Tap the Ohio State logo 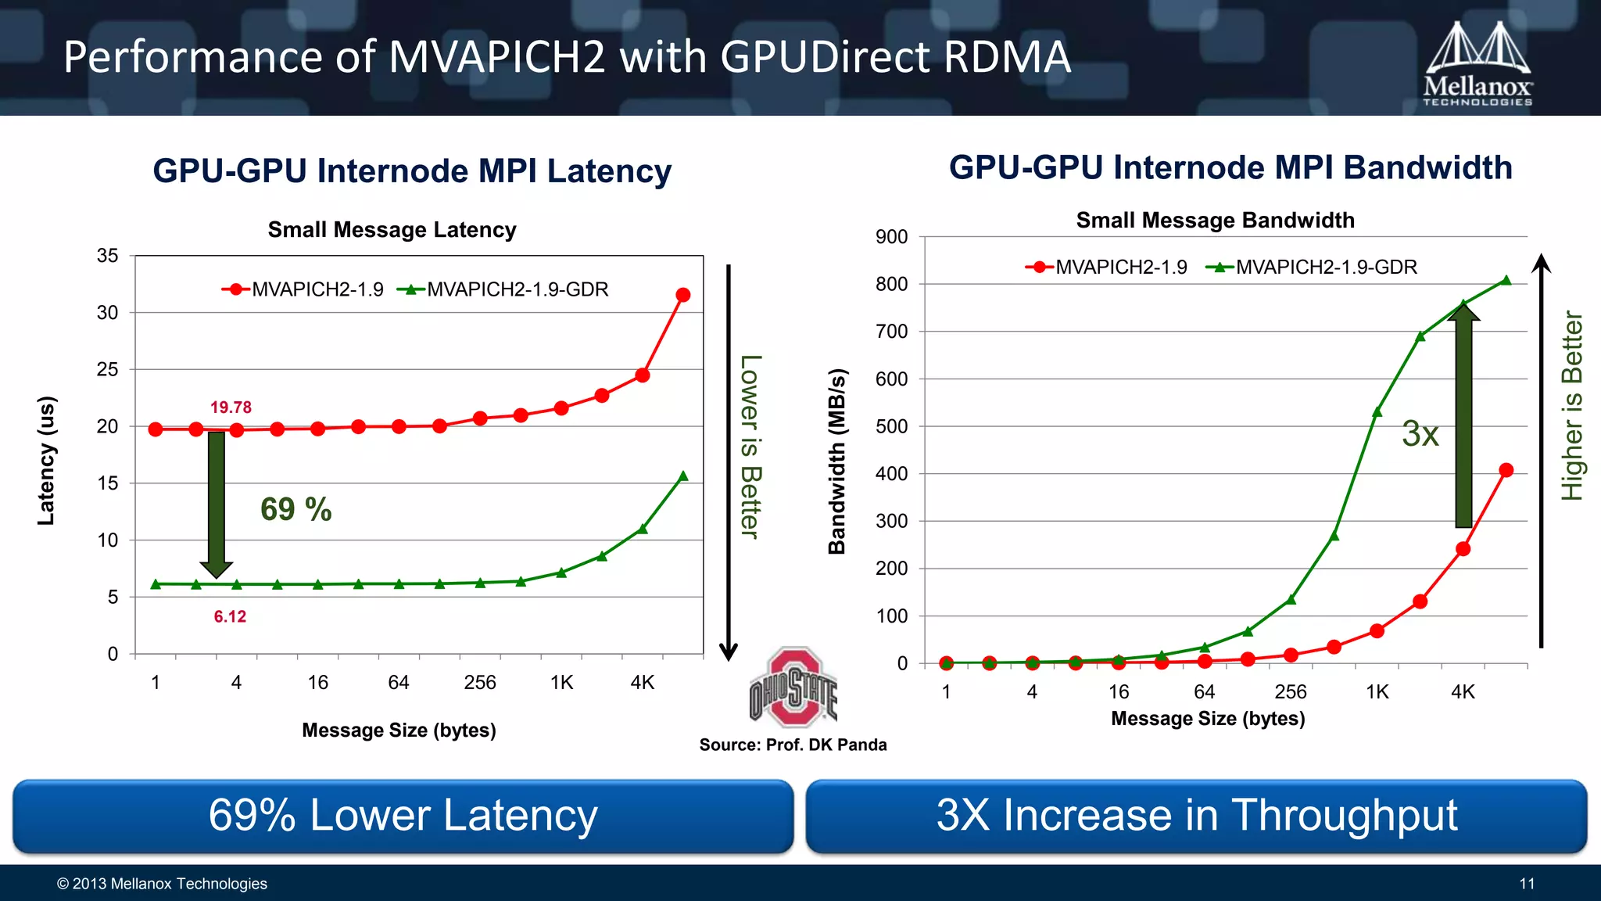[793, 687]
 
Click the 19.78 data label [231, 407]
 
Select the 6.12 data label [230, 617]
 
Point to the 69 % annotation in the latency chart [295, 509]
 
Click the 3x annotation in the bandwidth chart [1420, 433]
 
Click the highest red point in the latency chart [682, 295]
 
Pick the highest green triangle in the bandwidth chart [1506, 280]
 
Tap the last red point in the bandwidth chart [1506, 470]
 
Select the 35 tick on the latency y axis [108, 256]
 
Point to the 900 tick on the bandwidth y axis [892, 237]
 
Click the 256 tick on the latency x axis [480, 683]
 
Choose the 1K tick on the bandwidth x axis [1377, 692]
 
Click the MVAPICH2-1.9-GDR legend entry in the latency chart [503, 290]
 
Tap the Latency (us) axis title [47, 461]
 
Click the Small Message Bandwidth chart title [1215, 221]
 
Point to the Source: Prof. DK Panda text [793, 745]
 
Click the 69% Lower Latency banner [403, 816]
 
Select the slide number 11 [1527, 884]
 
